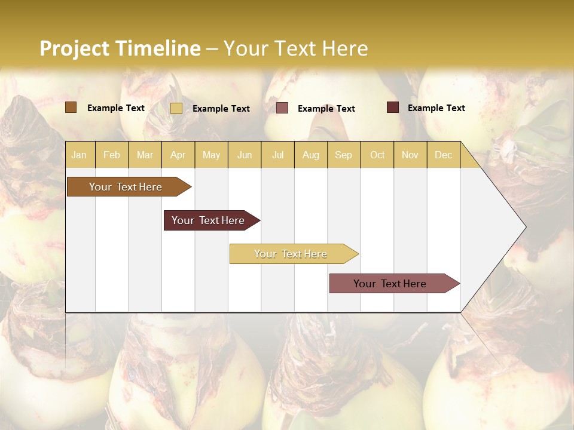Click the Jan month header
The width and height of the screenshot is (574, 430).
click(79, 155)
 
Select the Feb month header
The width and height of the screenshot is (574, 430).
click(112, 155)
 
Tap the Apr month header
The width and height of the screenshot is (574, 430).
click(178, 155)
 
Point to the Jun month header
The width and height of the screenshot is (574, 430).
click(245, 155)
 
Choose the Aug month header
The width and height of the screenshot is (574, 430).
click(310, 155)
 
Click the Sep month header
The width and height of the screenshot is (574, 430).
click(343, 155)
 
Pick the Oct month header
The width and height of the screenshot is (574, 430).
click(377, 155)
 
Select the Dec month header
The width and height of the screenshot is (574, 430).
click(443, 155)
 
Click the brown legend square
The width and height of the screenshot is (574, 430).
click(71, 107)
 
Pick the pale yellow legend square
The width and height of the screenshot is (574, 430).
click(176, 108)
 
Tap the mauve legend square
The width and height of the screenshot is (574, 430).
click(282, 108)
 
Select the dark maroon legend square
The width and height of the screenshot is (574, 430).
click(393, 107)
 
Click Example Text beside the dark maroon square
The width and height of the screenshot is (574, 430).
click(436, 108)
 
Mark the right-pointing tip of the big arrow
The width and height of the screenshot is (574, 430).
click(525, 227)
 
